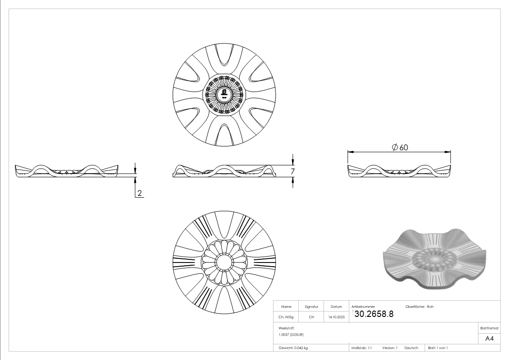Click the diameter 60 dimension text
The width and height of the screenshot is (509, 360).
[399, 147]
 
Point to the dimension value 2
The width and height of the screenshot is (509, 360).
[140, 193]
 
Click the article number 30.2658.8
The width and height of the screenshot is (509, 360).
[373, 314]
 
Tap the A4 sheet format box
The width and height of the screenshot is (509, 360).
[489, 339]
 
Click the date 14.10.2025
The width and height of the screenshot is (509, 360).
[336, 317]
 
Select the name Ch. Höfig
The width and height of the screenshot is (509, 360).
[286, 317]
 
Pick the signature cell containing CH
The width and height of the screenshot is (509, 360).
[311, 317]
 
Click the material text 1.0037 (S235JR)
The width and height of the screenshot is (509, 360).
[291, 334]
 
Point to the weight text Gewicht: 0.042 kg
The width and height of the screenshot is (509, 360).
[293, 348]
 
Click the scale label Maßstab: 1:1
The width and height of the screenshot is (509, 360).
[362, 348]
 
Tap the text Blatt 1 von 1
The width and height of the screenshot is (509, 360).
[438, 348]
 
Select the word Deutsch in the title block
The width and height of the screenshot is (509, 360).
[411, 348]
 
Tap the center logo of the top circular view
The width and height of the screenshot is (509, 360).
[224, 94]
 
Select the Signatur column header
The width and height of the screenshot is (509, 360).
[311, 306]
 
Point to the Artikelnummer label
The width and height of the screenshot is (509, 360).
[363, 306]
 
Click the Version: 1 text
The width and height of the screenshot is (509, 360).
[389, 348]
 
